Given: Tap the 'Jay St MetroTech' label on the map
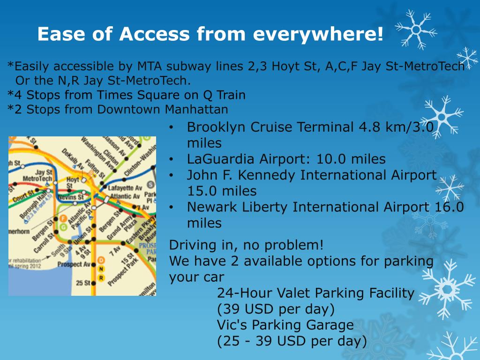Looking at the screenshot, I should pyautogui.click(x=37, y=176).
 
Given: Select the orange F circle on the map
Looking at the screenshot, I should pyautogui.click(x=62, y=218).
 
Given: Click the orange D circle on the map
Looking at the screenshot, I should pyautogui.click(x=101, y=260).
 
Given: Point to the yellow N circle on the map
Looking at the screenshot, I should pyautogui.click(x=101, y=269).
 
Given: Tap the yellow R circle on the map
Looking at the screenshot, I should pyautogui.click(x=101, y=278).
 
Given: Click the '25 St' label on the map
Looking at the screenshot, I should pyautogui.click(x=83, y=283).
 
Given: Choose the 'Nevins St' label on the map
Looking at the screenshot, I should pyautogui.click(x=71, y=197).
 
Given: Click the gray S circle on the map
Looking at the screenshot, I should pyautogui.click(x=150, y=184).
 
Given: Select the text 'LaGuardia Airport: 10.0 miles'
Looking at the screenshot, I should pyautogui.click(x=286, y=159).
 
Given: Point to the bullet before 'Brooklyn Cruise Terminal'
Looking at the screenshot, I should pyautogui.click(x=172, y=127).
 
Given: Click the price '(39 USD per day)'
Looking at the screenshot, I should pyautogui.click(x=276, y=309).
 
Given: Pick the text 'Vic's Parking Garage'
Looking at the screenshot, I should pyautogui.click(x=285, y=325).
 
